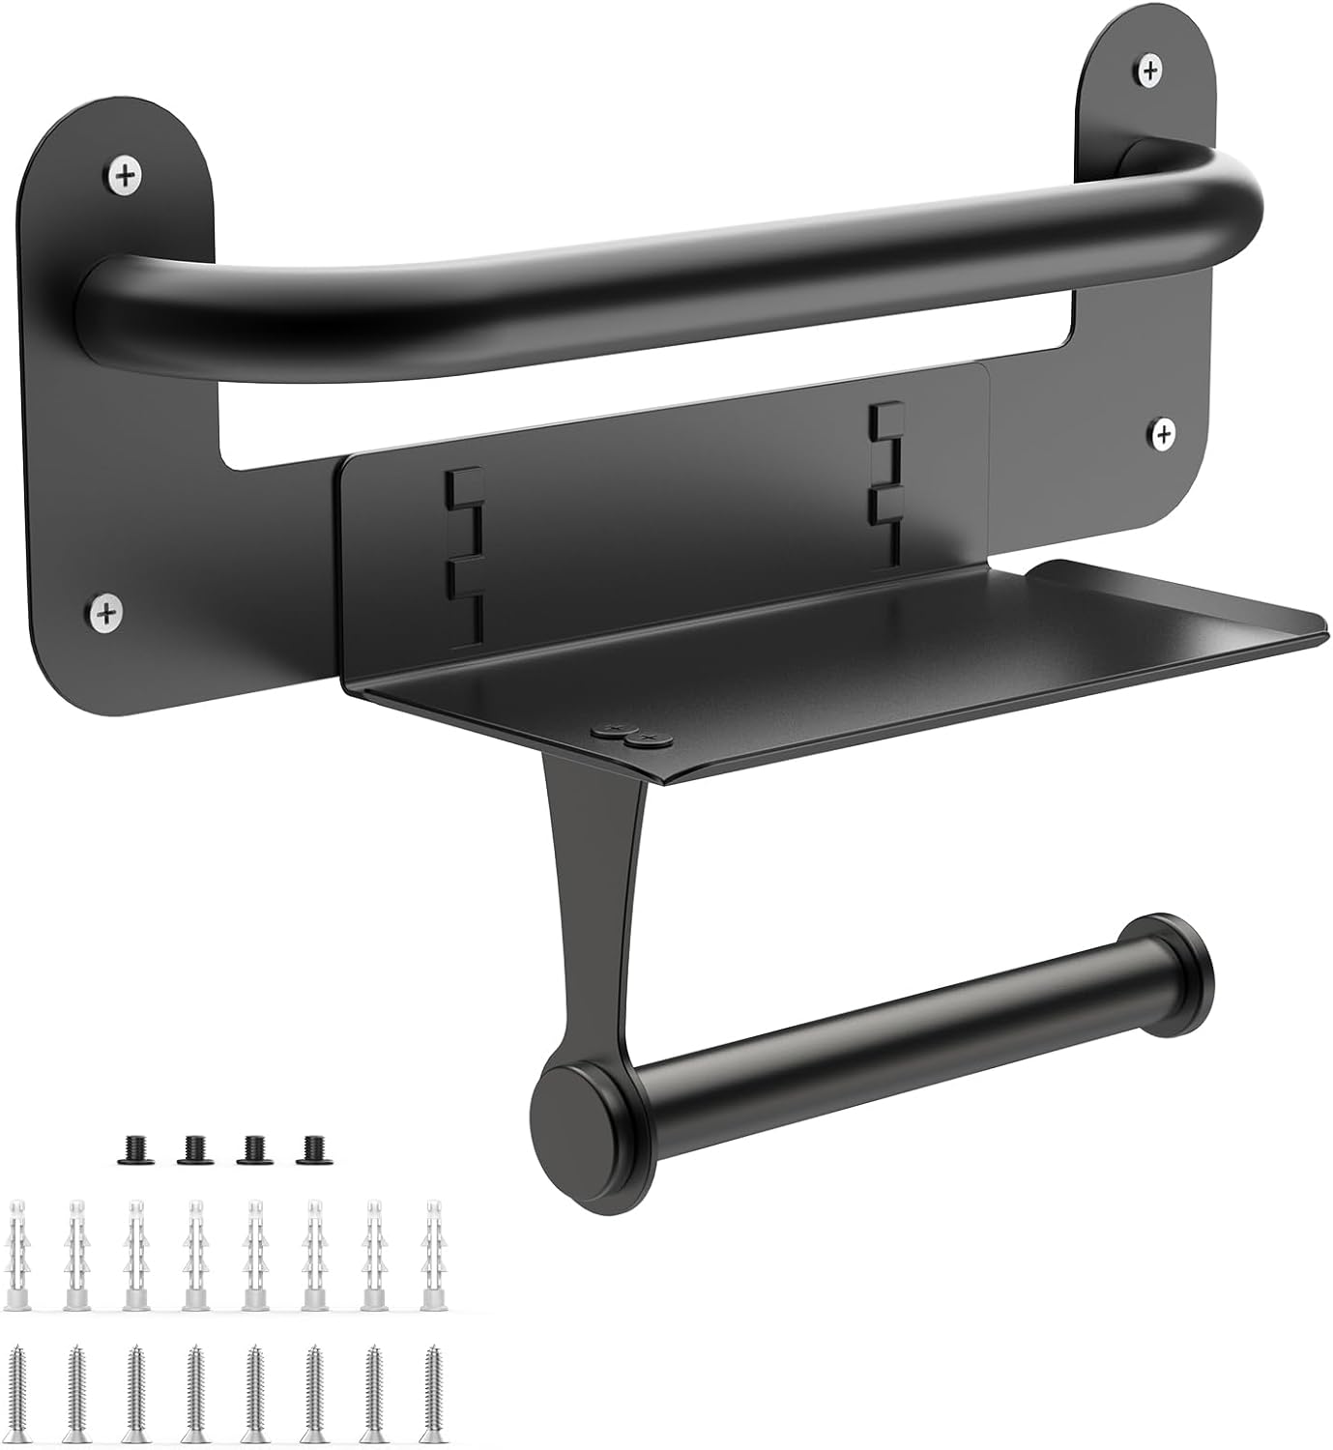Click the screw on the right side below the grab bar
pyautogui.click(x=1163, y=431)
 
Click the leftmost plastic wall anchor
pyautogui.click(x=19, y=1257)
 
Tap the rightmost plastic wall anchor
pyautogui.click(x=432, y=1255)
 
